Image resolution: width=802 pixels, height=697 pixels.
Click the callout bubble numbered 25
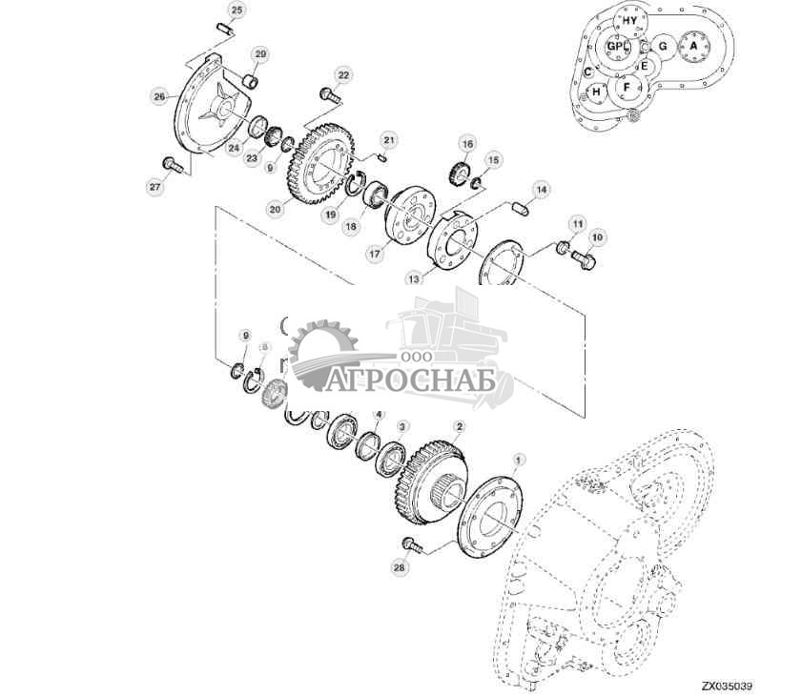[x=236, y=10]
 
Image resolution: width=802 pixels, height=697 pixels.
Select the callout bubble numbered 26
[x=159, y=95]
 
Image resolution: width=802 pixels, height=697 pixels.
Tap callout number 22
[x=343, y=73]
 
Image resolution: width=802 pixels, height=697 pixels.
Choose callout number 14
[x=541, y=189]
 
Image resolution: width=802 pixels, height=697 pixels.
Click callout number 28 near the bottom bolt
[x=399, y=566]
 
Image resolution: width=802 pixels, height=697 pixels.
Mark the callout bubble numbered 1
[x=518, y=460]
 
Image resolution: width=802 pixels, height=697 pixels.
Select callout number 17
[x=375, y=255]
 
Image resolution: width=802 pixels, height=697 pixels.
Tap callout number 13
[x=413, y=279]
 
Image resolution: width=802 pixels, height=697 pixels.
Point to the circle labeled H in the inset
[x=597, y=92]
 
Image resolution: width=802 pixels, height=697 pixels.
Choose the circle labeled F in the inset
[x=627, y=88]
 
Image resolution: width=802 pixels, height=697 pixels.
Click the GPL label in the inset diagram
[x=617, y=46]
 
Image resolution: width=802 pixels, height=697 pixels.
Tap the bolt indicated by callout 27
[x=173, y=166]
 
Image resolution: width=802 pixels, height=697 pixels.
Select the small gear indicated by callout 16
[x=458, y=175]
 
